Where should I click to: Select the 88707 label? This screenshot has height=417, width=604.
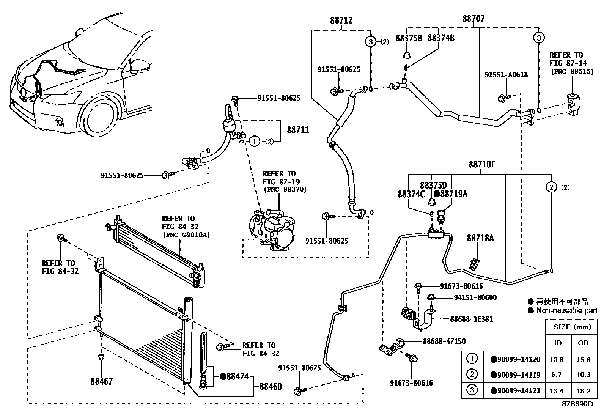[x=473, y=19]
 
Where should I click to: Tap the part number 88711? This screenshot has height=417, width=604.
[x=298, y=130]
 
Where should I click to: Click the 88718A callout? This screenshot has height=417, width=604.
[x=480, y=238]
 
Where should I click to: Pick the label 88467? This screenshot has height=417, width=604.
[x=101, y=381]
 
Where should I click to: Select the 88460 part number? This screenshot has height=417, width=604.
[x=271, y=387]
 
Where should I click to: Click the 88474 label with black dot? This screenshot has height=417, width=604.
[x=234, y=376]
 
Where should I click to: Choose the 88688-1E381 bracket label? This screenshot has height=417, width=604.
[x=472, y=319]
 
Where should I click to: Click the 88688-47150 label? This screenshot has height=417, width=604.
[x=444, y=341]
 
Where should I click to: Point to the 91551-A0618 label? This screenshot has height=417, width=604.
[x=506, y=75]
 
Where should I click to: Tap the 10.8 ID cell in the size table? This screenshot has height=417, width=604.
[x=558, y=359]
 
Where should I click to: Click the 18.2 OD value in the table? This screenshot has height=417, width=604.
[x=583, y=391]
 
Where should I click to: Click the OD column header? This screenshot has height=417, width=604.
[x=583, y=343]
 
